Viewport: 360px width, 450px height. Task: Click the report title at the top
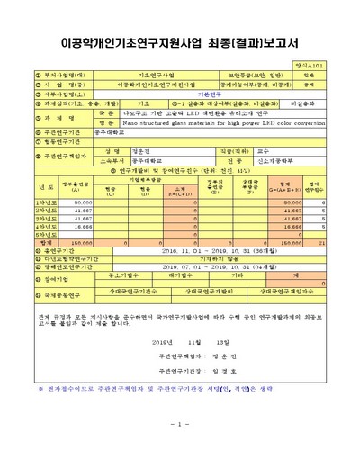point(179,41)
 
